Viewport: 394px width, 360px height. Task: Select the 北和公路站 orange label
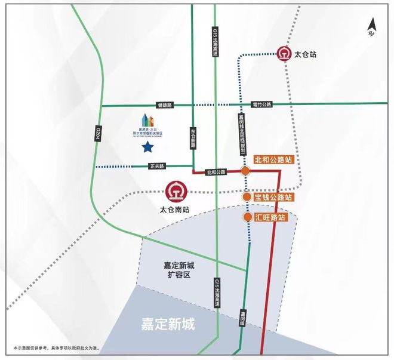tap(273, 160)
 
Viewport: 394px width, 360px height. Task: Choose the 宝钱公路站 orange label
tap(273, 197)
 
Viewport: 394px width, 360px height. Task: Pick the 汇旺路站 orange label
tap(269, 218)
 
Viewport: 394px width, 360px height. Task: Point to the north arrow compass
tap(372, 29)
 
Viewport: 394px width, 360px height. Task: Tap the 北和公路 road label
tap(215, 172)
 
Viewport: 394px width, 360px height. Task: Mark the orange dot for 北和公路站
tap(245, 171)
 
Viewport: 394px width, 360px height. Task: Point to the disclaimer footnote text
tap(56, 347)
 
